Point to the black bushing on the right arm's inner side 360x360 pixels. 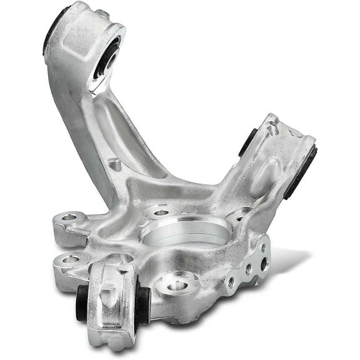point(247,142)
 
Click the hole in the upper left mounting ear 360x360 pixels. point(68,218)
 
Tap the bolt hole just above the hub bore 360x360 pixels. point(161,212)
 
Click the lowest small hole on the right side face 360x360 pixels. point(232,282)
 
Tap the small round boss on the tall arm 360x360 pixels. point(114,164)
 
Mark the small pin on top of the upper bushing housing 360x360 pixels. point(102,13)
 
